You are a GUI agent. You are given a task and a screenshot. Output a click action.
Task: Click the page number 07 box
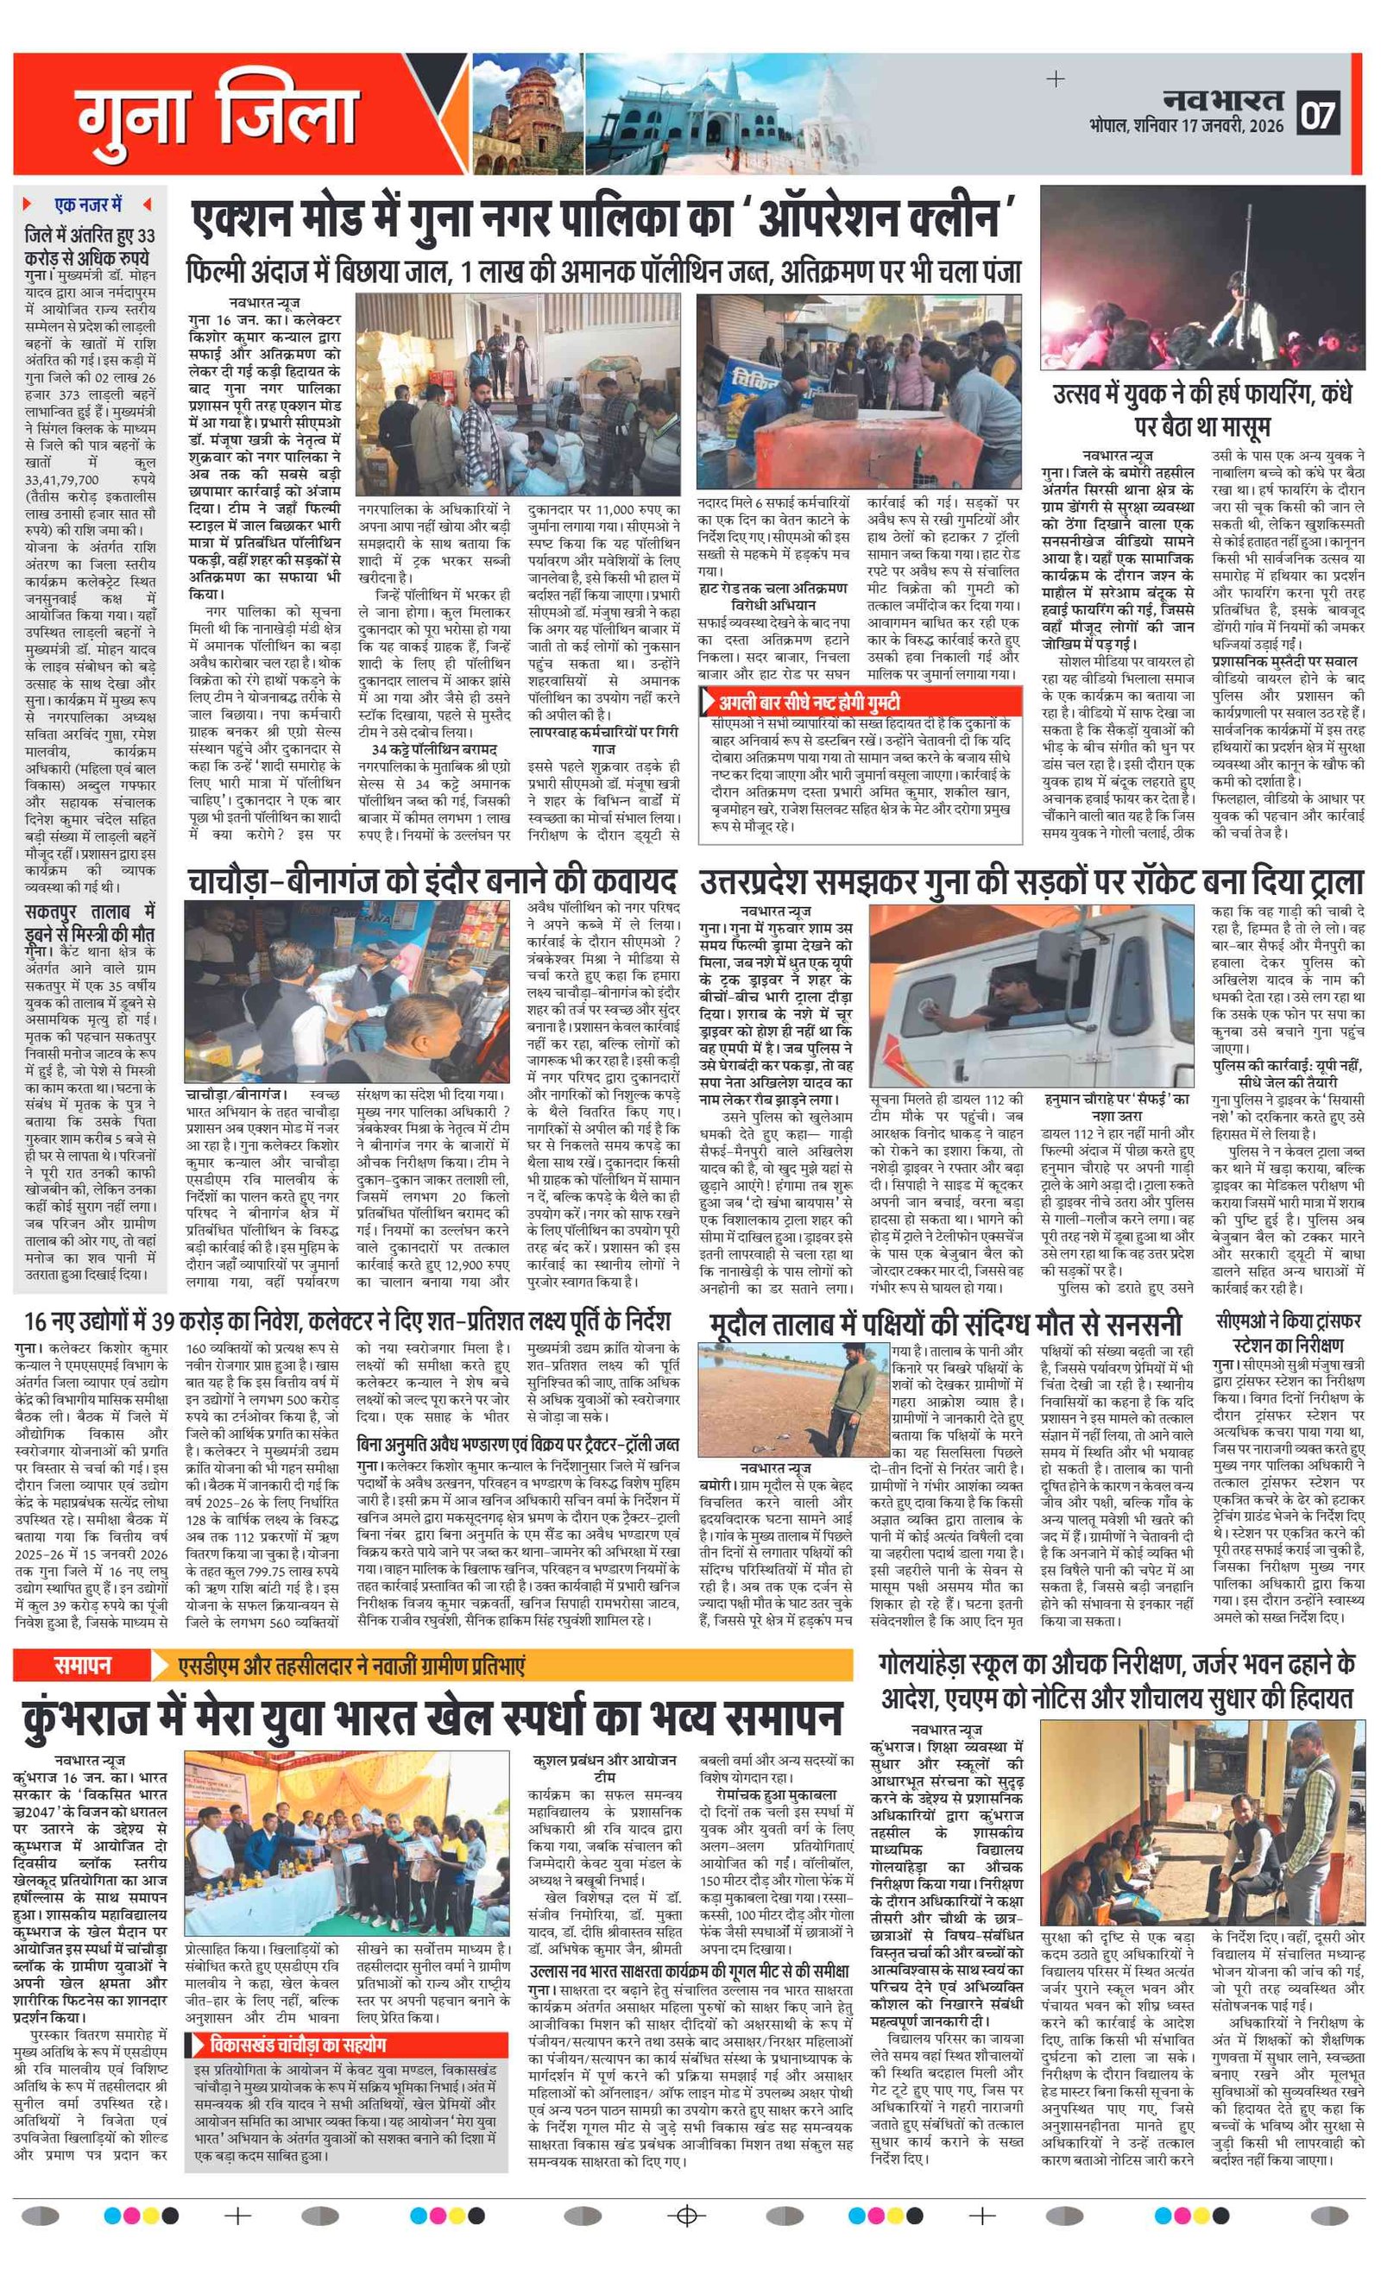pos(1318,115)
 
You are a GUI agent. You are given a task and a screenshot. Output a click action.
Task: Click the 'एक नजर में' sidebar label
pos(89,204)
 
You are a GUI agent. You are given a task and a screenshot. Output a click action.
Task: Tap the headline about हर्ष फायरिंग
pos(1202,409)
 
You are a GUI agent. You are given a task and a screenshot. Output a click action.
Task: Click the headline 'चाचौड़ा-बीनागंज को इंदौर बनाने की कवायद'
pos(432,879)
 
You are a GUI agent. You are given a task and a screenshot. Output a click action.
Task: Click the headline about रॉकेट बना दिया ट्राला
pos(1031,879)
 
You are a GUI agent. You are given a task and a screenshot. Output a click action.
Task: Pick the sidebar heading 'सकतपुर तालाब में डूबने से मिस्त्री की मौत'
pos(90,923)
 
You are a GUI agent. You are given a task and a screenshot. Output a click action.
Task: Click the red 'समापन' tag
pos(83,1665)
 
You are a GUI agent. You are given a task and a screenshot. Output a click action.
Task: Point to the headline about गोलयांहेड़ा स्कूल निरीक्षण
pos(1118,1680)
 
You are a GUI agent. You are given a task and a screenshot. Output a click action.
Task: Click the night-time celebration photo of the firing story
pos(1201,278)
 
